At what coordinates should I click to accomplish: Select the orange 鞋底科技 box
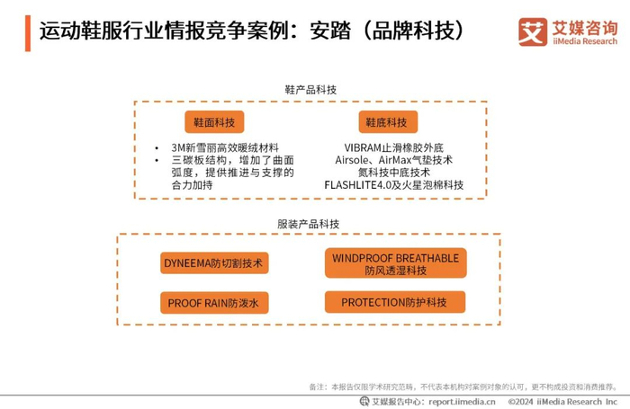385,120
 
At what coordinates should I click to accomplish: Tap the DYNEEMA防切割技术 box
216,262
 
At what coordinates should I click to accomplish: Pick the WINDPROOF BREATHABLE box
395,262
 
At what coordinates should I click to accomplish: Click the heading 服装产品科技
310,222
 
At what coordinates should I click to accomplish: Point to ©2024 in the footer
521,401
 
